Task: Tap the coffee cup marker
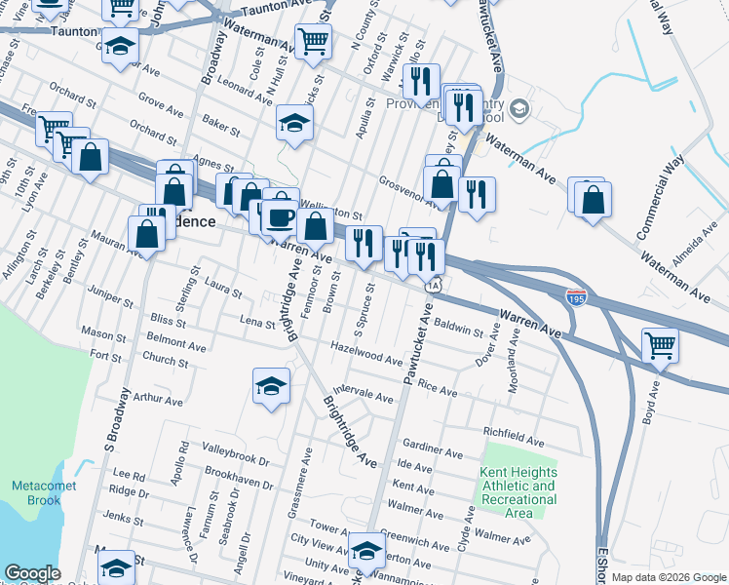pyautogui.click(x=281, y=218)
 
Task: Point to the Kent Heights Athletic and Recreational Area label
pyautogui.click(x=518, y=492)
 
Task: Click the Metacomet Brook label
pyautogui.click(x=37, y=492)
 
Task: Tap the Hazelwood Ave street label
pyautogui.click(x=366, y=353)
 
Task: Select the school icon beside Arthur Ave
pyautogui.click(x=272, y=385)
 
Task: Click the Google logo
pyautogui.click(x=32, y=573)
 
